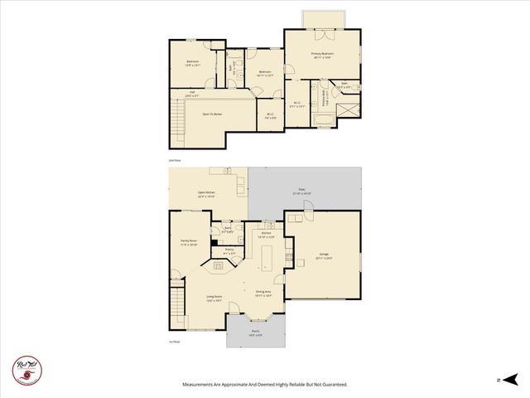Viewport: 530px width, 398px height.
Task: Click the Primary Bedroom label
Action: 322,56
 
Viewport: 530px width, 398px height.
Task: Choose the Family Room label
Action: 188,243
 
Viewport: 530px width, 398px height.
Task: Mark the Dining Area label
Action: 264,293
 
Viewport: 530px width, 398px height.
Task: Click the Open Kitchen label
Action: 207,194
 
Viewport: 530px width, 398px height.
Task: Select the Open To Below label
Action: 212,114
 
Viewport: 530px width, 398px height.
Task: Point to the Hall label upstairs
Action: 192,94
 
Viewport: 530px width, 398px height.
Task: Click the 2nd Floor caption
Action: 174,160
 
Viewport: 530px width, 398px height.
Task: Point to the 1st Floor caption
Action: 174,342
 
